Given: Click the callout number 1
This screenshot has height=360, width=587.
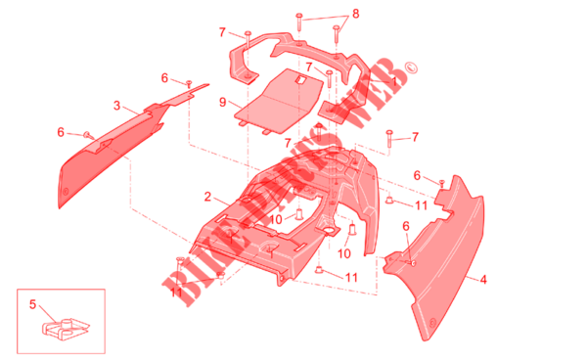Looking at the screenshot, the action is tap(393, 81).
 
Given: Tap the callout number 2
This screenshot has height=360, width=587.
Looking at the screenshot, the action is tap(207, 197).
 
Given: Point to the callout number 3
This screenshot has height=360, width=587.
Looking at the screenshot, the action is tap(117, 106).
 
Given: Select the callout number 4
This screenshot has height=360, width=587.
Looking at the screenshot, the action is tap(483, 279).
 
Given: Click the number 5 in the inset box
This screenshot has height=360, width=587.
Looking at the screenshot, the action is tap(33, 304).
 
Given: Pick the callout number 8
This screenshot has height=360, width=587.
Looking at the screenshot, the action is tap(356, 14).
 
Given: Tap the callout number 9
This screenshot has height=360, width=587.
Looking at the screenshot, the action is tap(223, 102).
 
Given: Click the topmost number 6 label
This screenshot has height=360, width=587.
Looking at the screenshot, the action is tap(164, 78).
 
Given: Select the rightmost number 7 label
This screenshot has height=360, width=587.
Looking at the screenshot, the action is tap(415, 137).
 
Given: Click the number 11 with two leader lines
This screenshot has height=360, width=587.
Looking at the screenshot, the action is tap(176, 292).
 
